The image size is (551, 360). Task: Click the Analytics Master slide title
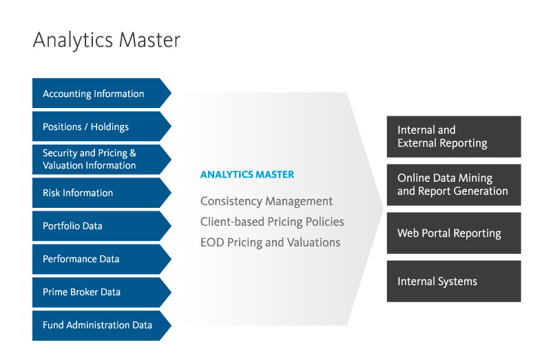point(106,40)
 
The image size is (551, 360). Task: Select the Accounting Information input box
point(96,94)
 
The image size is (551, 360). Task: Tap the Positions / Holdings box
point(96,127)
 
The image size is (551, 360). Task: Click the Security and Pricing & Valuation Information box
point(96,160)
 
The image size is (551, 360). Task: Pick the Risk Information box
point(96,193)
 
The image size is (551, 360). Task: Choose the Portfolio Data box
point(96,226)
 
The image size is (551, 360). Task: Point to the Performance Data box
point(96,259)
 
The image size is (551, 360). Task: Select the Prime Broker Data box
point(96,292)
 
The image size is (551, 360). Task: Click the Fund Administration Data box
point(96,325)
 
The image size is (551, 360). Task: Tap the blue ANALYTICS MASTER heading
point(247,175)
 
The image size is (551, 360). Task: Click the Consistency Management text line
point(266,201)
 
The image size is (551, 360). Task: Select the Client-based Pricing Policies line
point(272,222)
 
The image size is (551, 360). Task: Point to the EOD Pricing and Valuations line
point(270,242)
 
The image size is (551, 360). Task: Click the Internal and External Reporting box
point(453,136)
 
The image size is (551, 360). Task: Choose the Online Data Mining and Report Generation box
point(453,184)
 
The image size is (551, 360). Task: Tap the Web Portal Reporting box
point(453,233)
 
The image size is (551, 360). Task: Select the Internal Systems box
point(453,281)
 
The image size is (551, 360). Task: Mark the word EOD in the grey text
point(211,242)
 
